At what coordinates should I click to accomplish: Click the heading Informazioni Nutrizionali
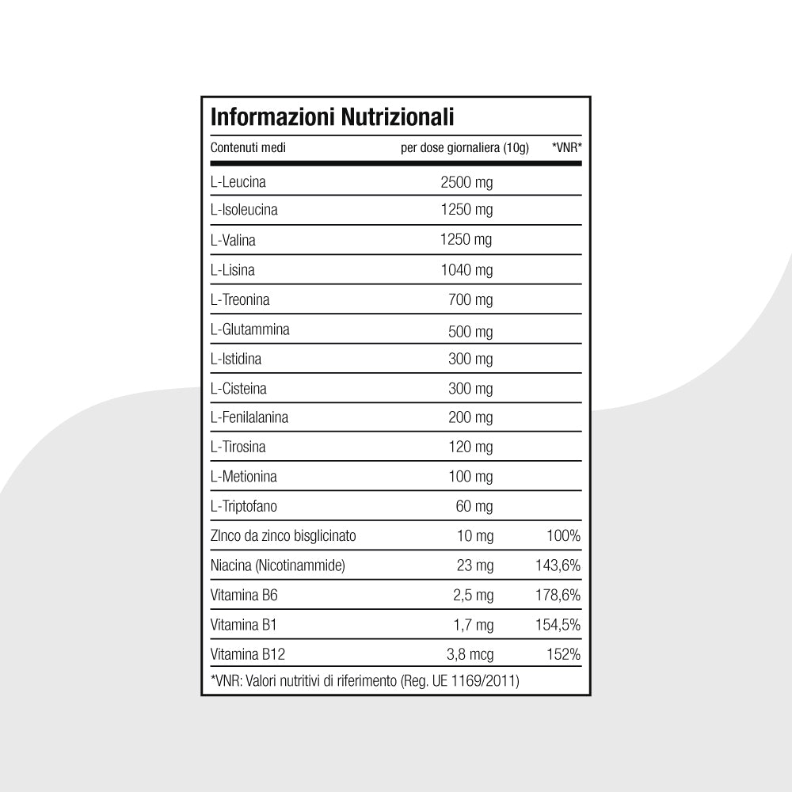[332, 118]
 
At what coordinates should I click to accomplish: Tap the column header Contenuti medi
[248, 148]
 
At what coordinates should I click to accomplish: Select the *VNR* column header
[566, 148]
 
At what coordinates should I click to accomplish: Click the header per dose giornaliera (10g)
[465, 148]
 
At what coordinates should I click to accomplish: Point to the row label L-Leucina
[238, 182]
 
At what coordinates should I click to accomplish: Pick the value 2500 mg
[466, 182]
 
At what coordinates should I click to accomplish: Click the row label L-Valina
[233, 240]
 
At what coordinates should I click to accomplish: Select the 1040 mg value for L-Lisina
[466, 270]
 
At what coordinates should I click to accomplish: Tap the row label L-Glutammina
[249, 329]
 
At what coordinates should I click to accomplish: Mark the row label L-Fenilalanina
[249, 417]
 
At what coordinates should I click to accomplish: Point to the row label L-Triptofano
[244, 506]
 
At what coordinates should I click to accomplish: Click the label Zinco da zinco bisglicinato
[284, 536]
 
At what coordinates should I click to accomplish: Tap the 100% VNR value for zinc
[563, 536]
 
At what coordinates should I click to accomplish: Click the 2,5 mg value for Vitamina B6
[472, 595]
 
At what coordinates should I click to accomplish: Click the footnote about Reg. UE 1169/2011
[365, 680]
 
